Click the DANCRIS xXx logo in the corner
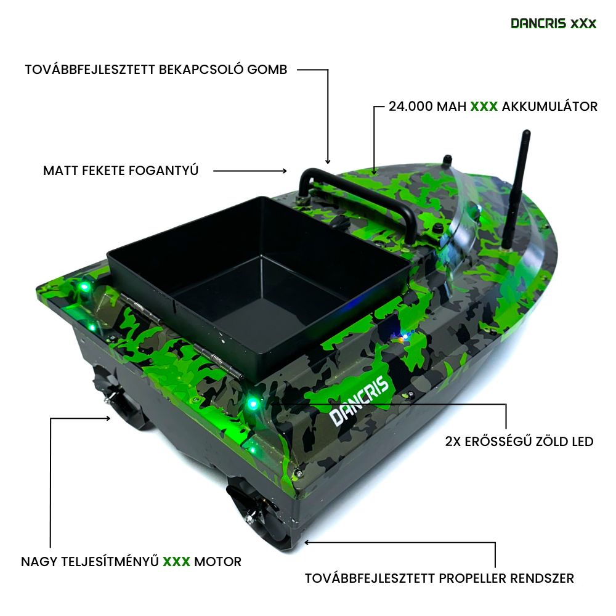click(554, 23)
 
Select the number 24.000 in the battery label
click(410, 107)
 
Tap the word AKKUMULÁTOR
click(549, 106)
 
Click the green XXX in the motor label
click(176, 561)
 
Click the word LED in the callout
click(583, 442)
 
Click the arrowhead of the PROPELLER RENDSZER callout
click(306, 543)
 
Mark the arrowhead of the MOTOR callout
click(108, 418)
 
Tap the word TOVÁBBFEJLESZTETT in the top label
click(90, 70)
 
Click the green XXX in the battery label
click(484, 107)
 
